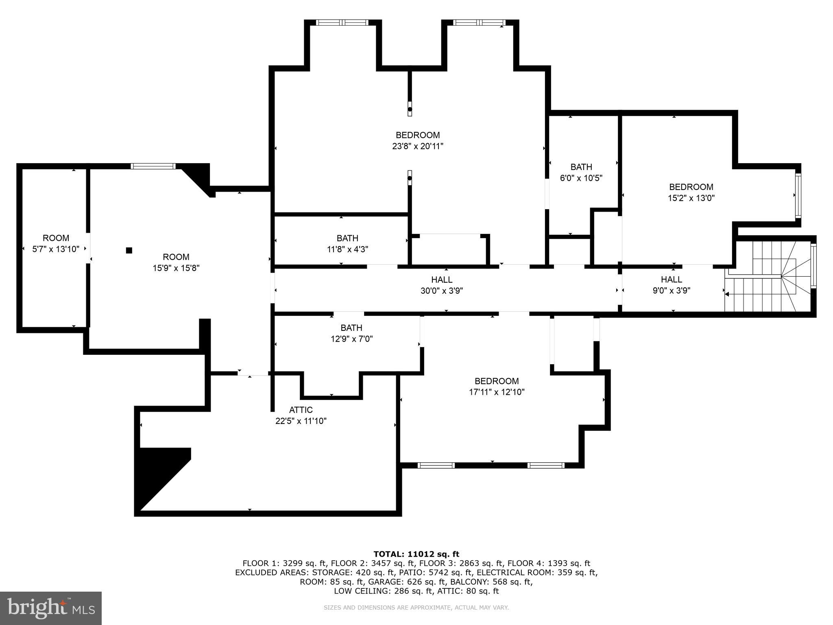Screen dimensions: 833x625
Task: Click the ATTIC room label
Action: coord(301,410)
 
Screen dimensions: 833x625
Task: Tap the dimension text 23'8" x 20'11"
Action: coord(418,146)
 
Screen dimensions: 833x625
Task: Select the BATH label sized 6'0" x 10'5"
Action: coord(581,167)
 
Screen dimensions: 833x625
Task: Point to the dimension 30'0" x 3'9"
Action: coord(442,291)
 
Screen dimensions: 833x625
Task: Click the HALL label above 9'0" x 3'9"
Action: coord(672,280)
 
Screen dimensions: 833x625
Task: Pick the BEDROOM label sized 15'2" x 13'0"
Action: coord(691,187)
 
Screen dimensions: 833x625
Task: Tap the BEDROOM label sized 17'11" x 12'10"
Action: coord(497,381)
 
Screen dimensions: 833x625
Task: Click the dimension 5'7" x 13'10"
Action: coord(56,249)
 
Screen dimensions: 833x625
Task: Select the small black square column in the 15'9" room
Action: coord(129,250)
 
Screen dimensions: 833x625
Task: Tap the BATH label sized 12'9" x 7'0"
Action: coord(351,328)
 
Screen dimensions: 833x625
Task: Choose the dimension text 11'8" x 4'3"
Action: coord(347,249)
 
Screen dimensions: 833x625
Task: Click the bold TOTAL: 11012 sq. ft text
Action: coord(416,554)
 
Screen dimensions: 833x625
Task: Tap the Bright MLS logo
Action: coord(51,608)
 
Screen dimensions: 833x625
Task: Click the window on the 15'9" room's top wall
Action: coord(153,166)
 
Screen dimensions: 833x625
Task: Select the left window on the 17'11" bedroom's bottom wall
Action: coord(436,465)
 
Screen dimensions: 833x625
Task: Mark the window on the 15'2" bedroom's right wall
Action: coord(798,195)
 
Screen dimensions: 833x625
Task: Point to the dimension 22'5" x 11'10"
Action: coord(301,421)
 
